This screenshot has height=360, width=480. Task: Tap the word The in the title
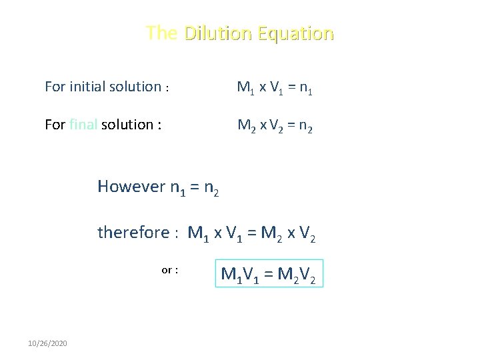click(162, 33)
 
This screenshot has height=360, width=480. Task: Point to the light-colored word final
click(83, 125)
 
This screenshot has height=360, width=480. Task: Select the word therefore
click(133, 233)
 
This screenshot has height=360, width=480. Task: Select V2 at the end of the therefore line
click(307, 234)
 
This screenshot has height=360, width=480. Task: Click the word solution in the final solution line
click(127, 125)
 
